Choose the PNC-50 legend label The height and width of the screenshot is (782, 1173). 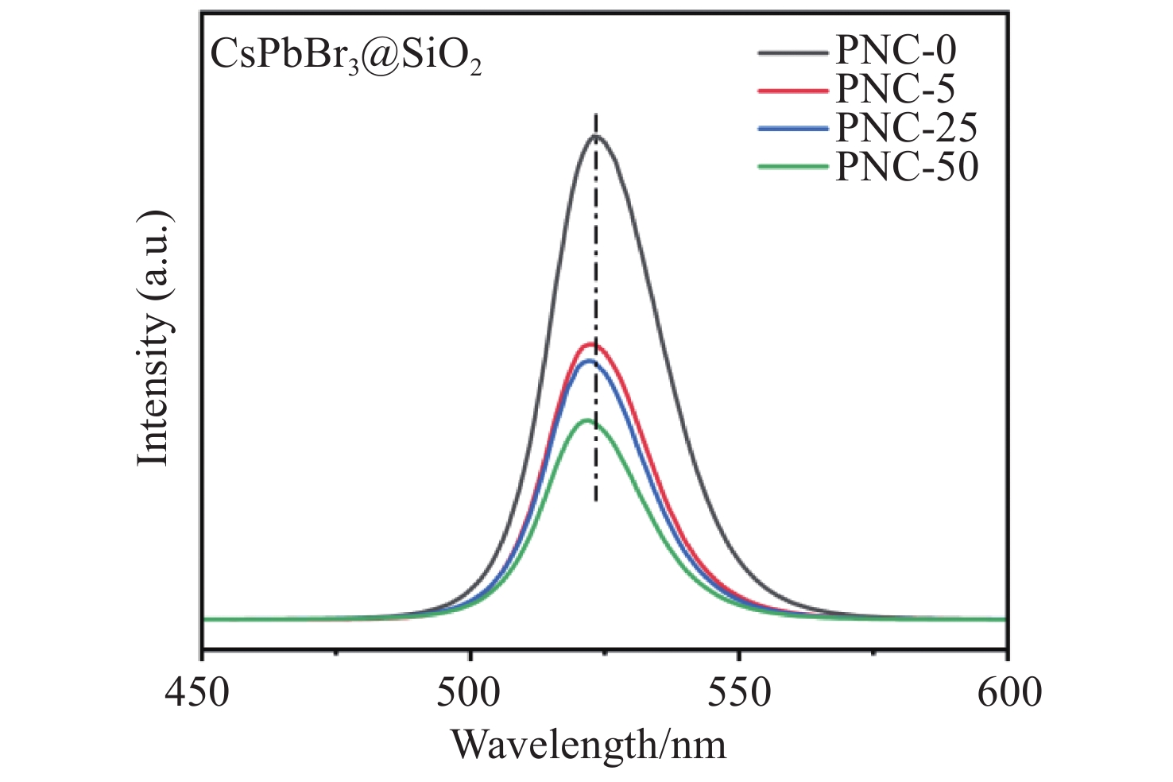tap(906, 167)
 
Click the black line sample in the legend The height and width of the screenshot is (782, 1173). tap(793, 53)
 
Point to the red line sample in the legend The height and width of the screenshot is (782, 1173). tap(793, 91)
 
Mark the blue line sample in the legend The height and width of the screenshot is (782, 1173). tap(793, 130)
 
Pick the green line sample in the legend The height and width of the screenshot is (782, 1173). tap(793, 168)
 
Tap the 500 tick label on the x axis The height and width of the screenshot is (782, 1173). tap(470, 691)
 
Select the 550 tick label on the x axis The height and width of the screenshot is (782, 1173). tap(739, 691)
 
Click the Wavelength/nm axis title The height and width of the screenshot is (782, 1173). tap(589, 745)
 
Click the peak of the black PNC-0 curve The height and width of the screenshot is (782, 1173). tap(595, 136)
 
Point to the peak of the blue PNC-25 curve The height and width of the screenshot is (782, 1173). tap(589, 361)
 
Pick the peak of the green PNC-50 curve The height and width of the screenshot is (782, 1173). tap(586, 420)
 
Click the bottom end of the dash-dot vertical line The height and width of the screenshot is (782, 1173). tap(596, 501)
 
